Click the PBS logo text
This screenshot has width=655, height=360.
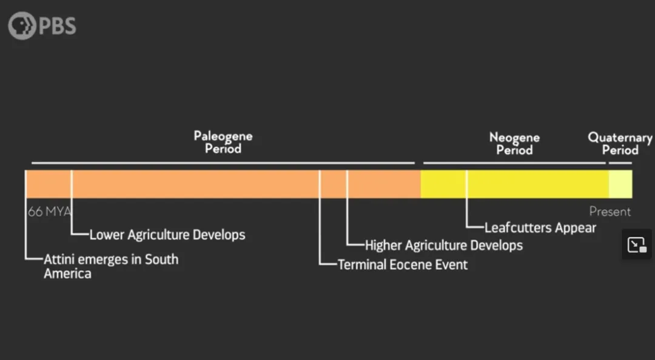[x=58, y=26]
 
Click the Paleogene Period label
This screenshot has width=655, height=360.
[x=223, y=142]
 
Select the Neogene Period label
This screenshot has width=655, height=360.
[x=514, y=144]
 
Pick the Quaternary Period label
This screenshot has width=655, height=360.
[x=620, y=144]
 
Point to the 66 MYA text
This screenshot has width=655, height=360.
[x=50, y=212]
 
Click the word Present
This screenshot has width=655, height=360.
[x=610, y=212]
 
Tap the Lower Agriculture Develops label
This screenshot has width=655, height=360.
[x=167, y=235]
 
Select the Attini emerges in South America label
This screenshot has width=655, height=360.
[x=111, y=266]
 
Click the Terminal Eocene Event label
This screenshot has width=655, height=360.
[x=403, y=265]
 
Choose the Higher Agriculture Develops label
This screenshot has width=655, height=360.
[x=444, y=245]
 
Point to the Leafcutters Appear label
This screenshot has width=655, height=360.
[x=540, y=228]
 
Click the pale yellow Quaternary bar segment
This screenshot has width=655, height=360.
[x=620, y=184]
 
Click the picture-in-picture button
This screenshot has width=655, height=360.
[x=637, y=244]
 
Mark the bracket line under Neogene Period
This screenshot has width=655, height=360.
[x=514, y=163]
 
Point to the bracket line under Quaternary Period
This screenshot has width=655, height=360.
[x=620, y=163]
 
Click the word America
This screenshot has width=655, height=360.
[x=67, y=274]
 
